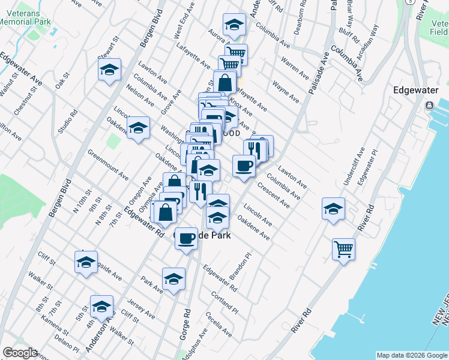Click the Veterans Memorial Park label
tap(25, 16)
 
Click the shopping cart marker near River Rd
tap(343, 247)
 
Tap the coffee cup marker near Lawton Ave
tap(244, 166)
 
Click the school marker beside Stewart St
tap(110, 70)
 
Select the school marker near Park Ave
tap(173, 279)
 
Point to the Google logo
tap(20, 352)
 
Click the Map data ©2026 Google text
tap(411, 355)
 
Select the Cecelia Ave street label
tap(218, 323)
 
